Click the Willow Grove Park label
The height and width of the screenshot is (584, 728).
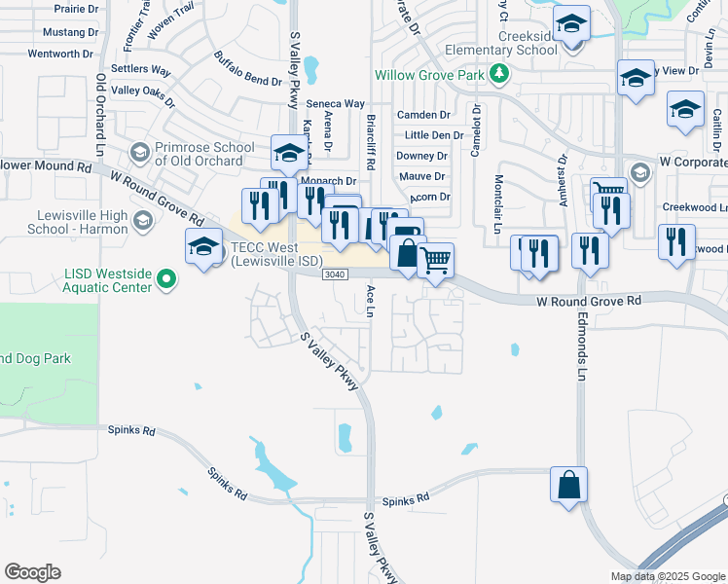pyautogui.click(x=431, y=74)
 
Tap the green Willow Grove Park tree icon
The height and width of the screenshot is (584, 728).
pyautogui.click(x=499, y=73)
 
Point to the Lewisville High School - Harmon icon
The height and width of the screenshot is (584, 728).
pyautogui.click(x=143, y=222)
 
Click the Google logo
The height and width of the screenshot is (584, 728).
pyautogui.click(x=32, y=572)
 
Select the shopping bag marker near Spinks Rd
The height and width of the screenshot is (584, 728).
pyautogui.click(x=568, y=484)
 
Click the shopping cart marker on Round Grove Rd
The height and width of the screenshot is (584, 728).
pyautogui.click(x=436, y=260)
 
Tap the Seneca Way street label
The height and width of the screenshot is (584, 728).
pyautogui.click(x=335, y=103)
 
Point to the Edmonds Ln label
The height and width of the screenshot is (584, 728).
pyautogui.click(x=582, y=347)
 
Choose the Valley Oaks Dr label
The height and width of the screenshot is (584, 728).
pyautogui.click(x=143, y=94)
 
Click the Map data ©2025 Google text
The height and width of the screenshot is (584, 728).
pyautogui.click(x=667, y=575)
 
